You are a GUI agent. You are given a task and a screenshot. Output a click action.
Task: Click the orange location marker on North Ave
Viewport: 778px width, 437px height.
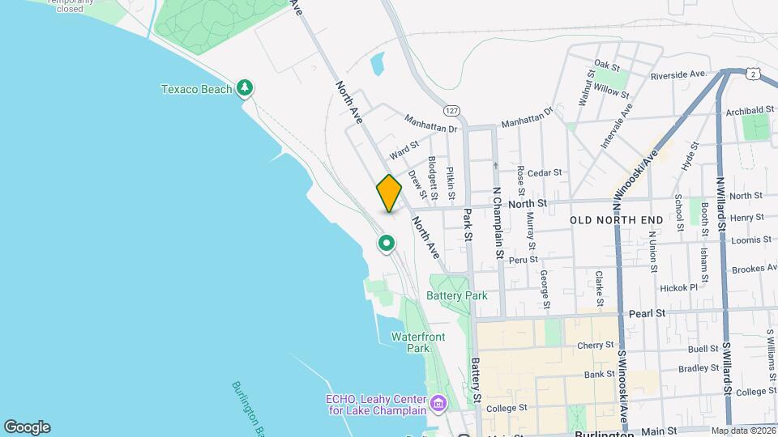[x=389, y=193]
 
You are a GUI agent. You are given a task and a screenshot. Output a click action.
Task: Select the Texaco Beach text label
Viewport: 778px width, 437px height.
[x=196, y=89]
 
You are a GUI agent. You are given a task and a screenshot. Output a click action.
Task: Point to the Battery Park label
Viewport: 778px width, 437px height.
[x=457, y=295]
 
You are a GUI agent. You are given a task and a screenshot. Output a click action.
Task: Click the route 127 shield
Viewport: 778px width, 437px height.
[x=452, y=110]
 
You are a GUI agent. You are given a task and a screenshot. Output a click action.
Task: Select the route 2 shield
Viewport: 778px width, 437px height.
[x=754, y=74]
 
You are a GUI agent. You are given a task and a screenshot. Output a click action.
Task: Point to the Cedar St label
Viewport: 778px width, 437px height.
[x=545, y=172]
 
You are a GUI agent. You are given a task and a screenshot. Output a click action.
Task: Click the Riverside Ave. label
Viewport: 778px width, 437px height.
[x=679, y=74]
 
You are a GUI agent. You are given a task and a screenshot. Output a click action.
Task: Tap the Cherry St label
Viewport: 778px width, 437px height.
[x=596, y=345]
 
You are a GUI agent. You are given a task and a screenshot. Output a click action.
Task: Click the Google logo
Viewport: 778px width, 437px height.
[x=27, y=427]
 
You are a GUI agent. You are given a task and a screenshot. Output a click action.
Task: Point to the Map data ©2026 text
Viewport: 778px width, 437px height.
[x=742, y=431]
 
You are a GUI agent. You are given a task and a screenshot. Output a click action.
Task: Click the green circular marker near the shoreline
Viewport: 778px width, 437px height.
[x=387, y=243]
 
